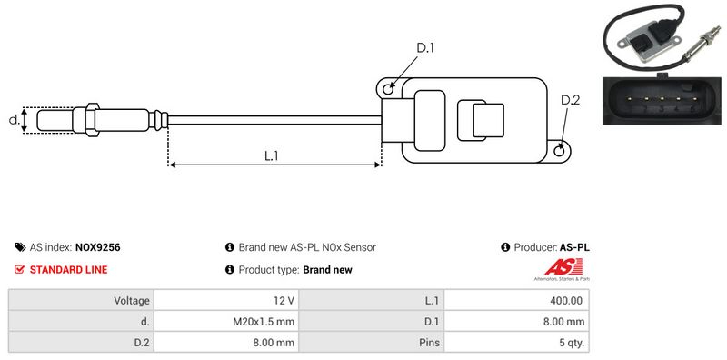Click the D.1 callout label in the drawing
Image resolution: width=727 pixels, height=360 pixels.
click(x=424, y=48)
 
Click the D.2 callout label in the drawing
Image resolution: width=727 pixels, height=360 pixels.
click(x=570, y=100)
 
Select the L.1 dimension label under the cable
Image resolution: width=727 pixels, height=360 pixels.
click(x=271, y=155)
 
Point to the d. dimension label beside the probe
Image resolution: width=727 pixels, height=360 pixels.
click(x=15, y=120)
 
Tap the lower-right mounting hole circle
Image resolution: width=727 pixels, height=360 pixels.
click(x=560, y=150)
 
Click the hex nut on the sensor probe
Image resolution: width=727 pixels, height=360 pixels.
click(x=92, y=119)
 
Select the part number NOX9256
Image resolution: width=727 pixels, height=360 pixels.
click(x=97, y=247)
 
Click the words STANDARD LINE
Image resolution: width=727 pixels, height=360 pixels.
click(x=68, y=269)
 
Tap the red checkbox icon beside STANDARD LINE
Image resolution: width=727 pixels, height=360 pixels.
click(x=19, y=269)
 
